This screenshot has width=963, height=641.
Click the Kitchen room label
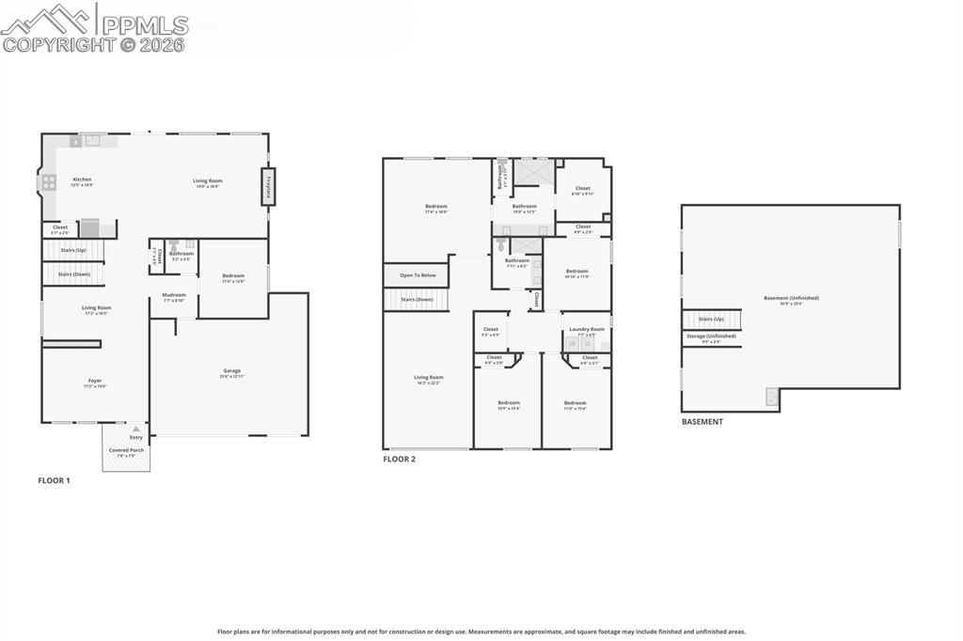tap(83, 180)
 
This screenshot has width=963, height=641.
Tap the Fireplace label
tap(268, 186)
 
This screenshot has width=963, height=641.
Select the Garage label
tap(231, 371)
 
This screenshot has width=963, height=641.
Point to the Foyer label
tap(95, 381)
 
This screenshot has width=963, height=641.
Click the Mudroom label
tap(174, 295)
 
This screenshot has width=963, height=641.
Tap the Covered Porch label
tap(126, 450)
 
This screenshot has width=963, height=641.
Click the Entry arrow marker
tap(136, 429)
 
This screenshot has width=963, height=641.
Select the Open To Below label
tap(418, 275)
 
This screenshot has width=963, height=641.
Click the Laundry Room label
tap(587, 329)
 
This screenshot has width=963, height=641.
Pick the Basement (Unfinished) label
tap(791, 298)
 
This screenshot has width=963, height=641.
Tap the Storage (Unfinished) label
tap(711, 336)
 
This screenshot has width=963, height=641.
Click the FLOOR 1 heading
tap(54, 480)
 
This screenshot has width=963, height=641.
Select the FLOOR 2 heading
tap(399, 460)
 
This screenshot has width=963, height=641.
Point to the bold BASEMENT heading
tap(703, 422)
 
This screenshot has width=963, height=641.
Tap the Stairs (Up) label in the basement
tap(711, 319)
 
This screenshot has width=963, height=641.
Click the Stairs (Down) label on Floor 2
tap(416, 300)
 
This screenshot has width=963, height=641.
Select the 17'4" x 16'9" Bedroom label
tap(436, 207)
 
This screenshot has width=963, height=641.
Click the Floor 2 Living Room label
tap(429, 378)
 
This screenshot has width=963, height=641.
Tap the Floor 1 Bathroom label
tap(182, 253)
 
